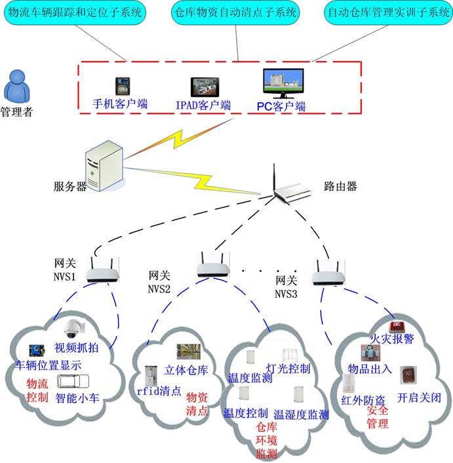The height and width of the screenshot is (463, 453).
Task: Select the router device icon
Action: coord(294,187)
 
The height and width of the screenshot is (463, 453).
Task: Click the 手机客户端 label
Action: coord(120,103)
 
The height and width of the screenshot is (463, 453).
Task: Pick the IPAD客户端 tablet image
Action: coord(203,88)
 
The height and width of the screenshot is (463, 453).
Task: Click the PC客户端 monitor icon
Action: coord(283,85)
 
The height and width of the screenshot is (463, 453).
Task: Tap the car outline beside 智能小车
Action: coord(71,382)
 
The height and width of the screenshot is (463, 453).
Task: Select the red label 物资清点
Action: coord(197,403)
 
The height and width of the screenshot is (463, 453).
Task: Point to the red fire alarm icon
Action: coord(395,326)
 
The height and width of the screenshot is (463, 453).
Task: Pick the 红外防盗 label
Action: coord(359,399)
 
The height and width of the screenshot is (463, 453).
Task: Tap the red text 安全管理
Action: coord(378,417)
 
